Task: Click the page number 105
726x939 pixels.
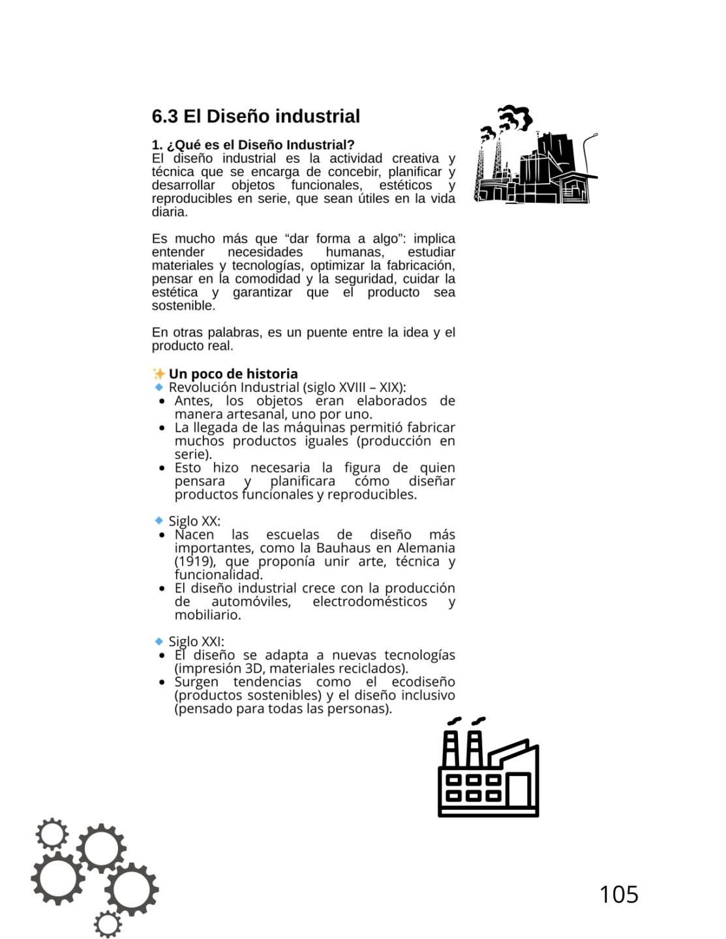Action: coord(618,894)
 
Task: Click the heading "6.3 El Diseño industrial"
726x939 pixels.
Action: coord(256,116)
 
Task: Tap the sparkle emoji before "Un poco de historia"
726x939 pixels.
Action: coord(159,374)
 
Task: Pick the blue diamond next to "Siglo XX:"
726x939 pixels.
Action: coord(159,521)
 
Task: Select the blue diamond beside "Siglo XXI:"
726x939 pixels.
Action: coord(159,642)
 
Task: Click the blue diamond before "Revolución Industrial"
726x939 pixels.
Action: coord(159,387)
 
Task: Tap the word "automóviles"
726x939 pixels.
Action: coord(250,601)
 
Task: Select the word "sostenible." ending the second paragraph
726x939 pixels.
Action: coord(183,306)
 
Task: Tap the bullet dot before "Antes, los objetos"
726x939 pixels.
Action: coord(162,402)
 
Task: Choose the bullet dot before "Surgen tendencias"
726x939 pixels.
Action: coord(162,683)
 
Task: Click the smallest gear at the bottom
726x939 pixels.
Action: coord(108,923)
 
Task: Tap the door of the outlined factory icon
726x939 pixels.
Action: coord(517,790)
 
